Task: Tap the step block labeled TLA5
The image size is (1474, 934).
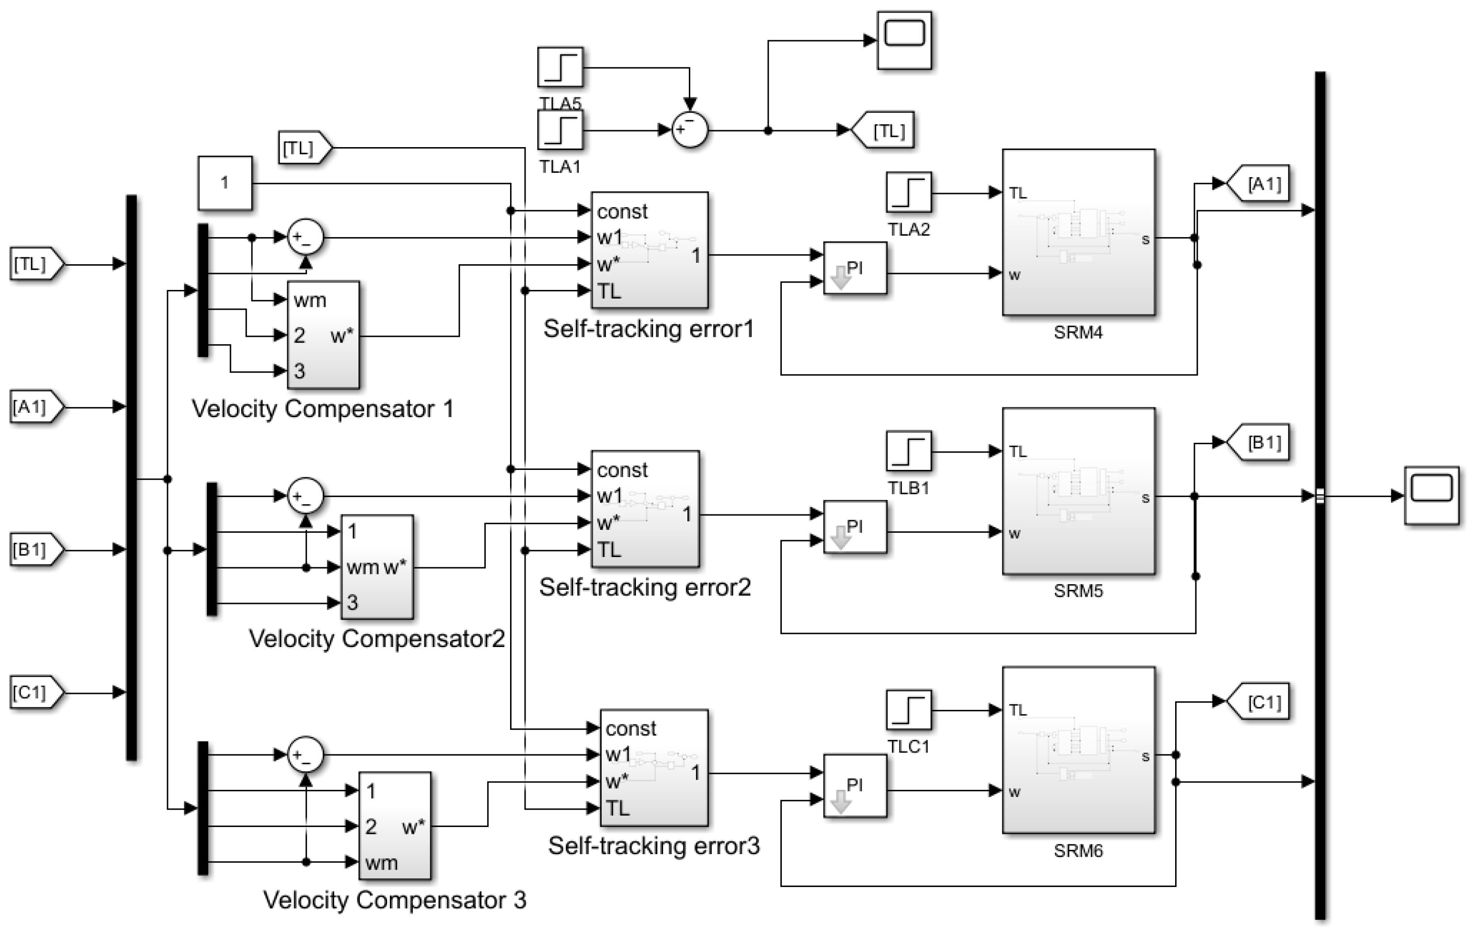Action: coord(560,68)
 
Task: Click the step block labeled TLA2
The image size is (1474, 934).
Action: coord(908,193)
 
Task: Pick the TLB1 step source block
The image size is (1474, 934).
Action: coord(908,452)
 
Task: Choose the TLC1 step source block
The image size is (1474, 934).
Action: coord(908,710)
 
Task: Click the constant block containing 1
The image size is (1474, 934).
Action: coord(225,183)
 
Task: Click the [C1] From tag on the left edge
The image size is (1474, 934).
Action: coord(35,693)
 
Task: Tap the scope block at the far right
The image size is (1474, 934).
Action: coord(1431,496)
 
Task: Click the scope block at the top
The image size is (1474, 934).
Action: coord(904,40)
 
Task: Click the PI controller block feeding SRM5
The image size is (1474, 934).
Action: coord(854,527)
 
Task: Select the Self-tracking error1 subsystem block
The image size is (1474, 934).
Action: coord(649,250)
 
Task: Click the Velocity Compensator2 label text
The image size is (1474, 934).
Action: coord(376,639)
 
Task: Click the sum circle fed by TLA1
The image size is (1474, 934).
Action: coord(690,130)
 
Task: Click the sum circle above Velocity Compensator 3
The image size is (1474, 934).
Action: coord(306,755)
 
